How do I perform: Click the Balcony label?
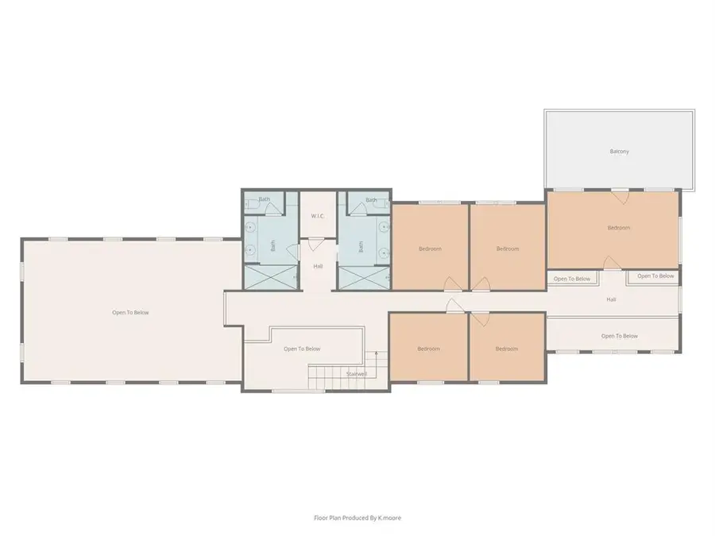click(619, 151)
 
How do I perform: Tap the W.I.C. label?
click(318, 216)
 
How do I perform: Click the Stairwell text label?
click(357, 373)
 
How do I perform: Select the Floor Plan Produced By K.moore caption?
click(357, 517)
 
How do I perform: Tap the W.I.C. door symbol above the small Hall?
click(317, 243)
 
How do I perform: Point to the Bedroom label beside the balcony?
click(618, 228)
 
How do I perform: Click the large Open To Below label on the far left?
click(130, 312)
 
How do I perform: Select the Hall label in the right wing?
click(611, 299)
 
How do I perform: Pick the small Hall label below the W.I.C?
click(318, 265)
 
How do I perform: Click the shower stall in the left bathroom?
click(270, 279)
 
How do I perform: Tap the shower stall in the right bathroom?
click(363, 279)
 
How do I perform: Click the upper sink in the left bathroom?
click(251, 226)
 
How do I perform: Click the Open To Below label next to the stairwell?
click(302, 349)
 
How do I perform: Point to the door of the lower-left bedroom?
click(450, 307)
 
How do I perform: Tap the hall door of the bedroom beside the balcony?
click(610, 263)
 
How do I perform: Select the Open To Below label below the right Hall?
click(619, 336)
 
